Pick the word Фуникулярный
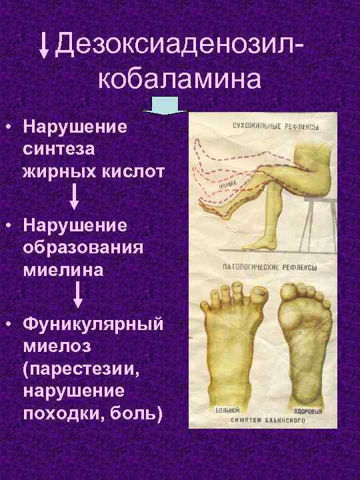click(x=93, y=324)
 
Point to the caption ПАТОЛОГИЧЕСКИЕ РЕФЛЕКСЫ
click(x=269, y=267)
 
